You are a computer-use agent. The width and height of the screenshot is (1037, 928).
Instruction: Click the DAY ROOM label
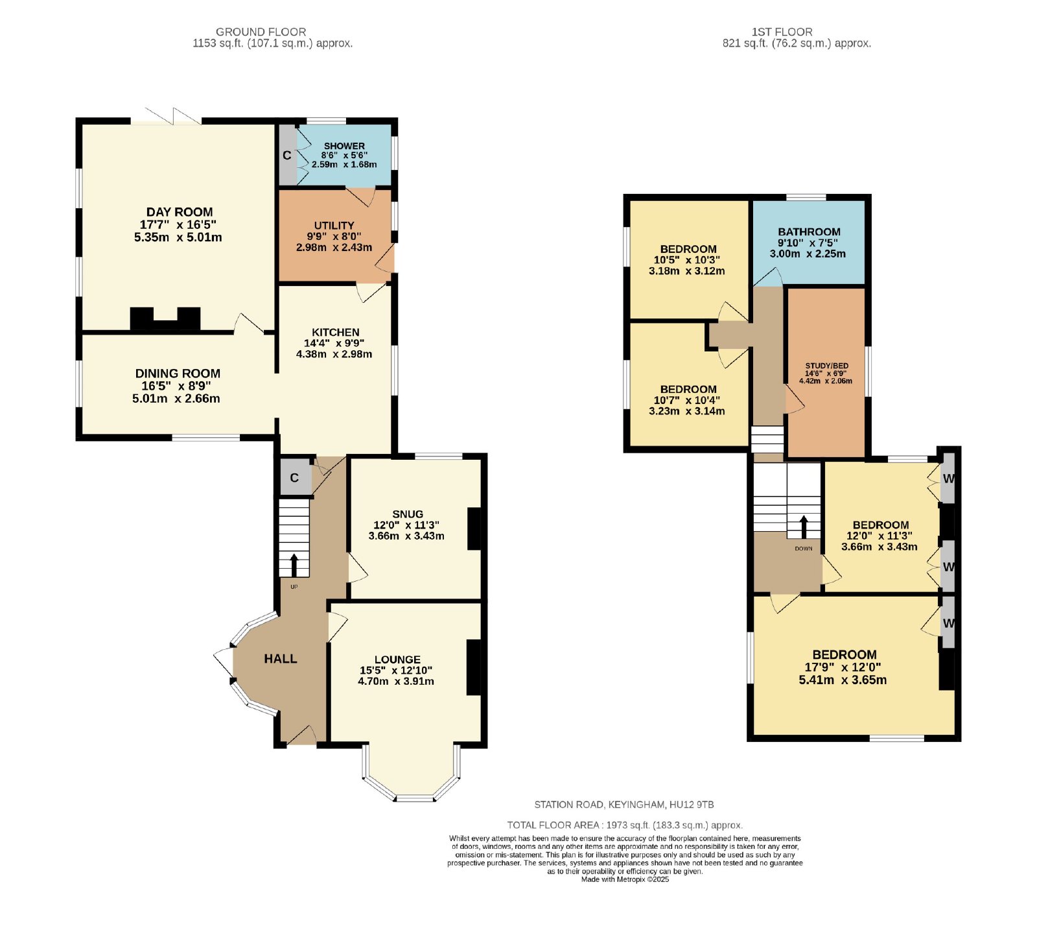coord(180,212)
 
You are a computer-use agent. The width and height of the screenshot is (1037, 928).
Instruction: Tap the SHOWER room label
coord(344,146)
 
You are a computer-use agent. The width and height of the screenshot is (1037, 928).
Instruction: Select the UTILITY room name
coord(334,226)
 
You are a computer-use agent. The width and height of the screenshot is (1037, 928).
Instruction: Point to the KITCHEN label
coord(335,332)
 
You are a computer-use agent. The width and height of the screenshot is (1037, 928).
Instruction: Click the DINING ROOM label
coord(178,374)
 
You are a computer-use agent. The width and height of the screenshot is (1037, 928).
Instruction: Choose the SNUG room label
coord(408,514)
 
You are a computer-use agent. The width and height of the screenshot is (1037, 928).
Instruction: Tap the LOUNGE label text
coord(397,660)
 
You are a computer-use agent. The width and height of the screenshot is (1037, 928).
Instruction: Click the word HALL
coord(281,659)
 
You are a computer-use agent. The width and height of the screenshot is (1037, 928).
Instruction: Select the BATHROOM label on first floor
coord(809,232)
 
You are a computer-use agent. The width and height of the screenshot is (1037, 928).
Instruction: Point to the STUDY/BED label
coord(826,366)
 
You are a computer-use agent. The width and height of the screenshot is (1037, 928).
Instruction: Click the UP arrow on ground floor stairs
coord(294,565)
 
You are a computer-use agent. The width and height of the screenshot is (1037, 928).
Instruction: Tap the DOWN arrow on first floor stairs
coord(804,527)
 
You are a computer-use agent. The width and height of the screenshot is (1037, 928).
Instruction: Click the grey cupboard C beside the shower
coord(287,155)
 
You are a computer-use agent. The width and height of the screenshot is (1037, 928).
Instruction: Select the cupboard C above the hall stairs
coord(295,478)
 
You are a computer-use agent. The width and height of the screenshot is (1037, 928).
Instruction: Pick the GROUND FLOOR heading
coord(261,32)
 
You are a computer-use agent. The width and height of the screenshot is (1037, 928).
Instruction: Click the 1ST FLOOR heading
coord(782,32)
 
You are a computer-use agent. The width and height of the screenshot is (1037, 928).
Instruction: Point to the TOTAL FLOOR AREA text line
coord(625,826)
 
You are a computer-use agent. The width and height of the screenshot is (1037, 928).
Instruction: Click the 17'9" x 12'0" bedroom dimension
coord(843,667)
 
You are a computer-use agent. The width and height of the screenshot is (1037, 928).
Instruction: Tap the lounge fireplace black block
coord(474,668)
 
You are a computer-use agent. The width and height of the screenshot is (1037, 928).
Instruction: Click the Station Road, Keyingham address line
coord(624,805)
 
